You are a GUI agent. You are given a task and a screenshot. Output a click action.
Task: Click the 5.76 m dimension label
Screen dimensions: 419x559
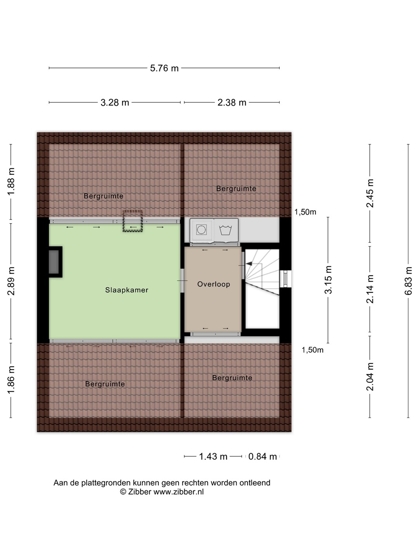click(x=164, y=68)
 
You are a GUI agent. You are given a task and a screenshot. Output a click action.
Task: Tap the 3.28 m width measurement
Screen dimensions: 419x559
click(x=115, y=102)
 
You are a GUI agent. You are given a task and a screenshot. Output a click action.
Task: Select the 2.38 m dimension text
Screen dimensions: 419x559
click(x=232, y=102)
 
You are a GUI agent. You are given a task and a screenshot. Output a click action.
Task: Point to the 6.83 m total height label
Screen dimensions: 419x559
click(x=408, y=281)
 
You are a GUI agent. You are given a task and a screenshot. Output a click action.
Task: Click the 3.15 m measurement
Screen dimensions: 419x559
click(x=328, y=279)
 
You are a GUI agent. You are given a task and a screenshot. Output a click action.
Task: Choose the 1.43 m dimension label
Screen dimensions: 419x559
click(x=213, y=457)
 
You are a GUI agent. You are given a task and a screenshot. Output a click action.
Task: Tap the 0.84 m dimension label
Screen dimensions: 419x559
click(x=262, y=457)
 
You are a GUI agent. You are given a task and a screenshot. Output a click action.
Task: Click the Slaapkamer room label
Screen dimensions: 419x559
click(x=127, y=290)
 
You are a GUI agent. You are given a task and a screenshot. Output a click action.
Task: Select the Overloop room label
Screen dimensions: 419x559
click(x=214, y=284)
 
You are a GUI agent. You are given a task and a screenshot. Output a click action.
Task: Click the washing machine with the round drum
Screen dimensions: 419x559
click(x=201, y=230)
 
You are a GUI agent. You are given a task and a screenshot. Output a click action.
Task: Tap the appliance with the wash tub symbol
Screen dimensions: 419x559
click(x=226, y=230)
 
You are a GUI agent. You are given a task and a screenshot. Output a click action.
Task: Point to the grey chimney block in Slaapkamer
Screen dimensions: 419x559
click(x=54, y=262)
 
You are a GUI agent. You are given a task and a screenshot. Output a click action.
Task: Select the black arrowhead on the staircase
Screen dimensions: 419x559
click(x=249, y=264)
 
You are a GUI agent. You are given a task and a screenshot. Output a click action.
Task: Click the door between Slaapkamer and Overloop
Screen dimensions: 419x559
click(x=182, y=281)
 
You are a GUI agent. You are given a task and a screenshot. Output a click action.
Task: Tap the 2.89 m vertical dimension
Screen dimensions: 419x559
click(x=11, y=281)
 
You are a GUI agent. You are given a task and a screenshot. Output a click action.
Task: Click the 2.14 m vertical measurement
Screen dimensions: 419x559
click(x=370, y=289)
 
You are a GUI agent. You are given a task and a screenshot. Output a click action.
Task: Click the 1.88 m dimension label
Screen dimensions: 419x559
click(x=11, y=182)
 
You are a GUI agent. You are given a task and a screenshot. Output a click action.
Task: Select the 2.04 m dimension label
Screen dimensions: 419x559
click(x=370, y=377)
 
